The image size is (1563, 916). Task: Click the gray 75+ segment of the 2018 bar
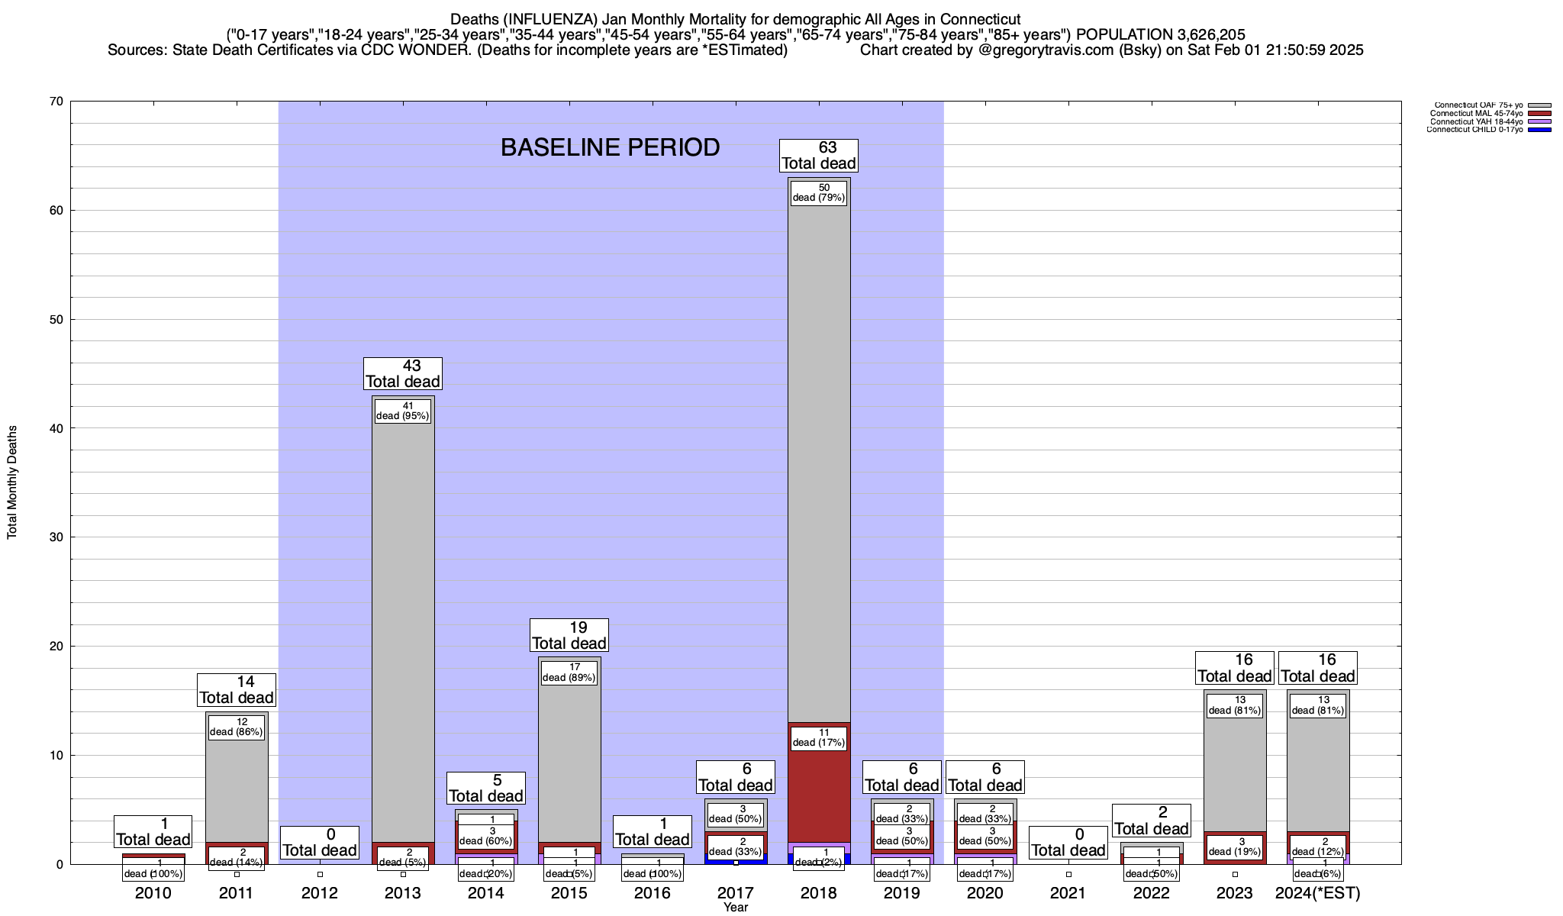point(819,458)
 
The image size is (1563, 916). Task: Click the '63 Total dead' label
point(819,156)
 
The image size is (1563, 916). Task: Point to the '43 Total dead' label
point(403,374)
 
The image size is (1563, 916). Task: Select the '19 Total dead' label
point(569,635)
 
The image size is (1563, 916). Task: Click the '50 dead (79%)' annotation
point(819,192)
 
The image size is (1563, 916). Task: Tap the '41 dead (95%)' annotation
point(403,411)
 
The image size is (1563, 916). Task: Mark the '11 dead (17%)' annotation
point(819,737)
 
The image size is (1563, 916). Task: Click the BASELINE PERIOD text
point(610,147)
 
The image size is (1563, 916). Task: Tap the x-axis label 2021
point(1068,893)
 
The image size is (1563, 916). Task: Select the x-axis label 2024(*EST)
point(1318,893)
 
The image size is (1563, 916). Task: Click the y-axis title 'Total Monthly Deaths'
point(12,482)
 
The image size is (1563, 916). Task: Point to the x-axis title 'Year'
point(736,908)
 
